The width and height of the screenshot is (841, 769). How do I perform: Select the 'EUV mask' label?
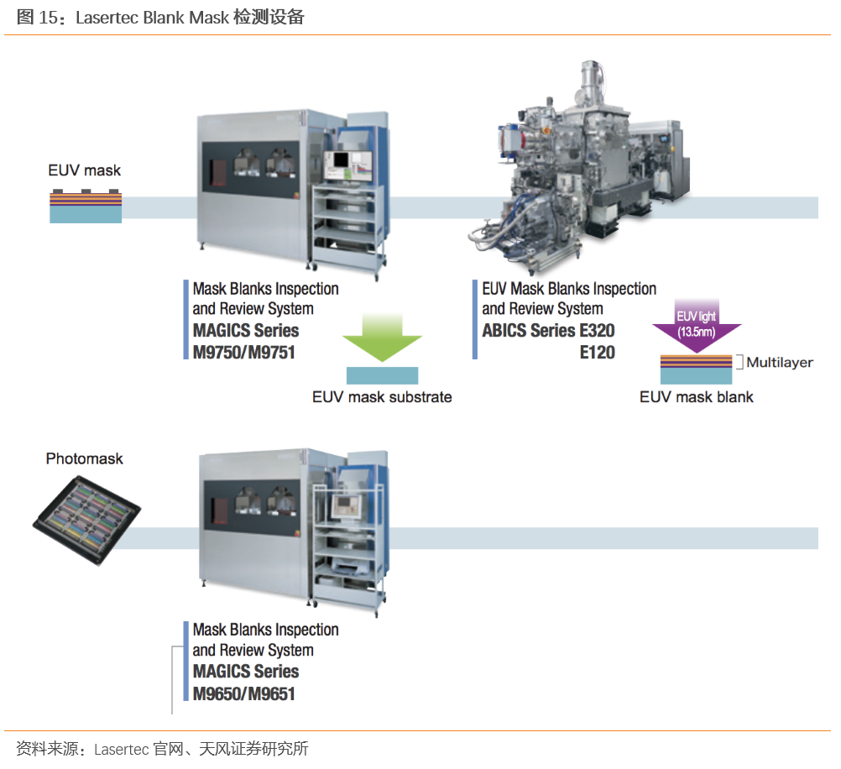point(84,170)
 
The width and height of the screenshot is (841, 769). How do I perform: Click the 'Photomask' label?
point(84,458)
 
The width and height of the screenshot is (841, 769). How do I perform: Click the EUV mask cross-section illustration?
point(86,206)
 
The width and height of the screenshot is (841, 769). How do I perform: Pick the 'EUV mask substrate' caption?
point(382,397)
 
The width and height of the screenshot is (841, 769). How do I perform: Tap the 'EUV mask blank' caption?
point(697,397)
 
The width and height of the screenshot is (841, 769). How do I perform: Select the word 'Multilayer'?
point(780,363)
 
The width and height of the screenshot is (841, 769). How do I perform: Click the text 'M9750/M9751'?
point(243,352)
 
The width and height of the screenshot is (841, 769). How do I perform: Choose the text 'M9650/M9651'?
point(243,693)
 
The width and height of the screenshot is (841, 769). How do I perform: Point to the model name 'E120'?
point(597,352)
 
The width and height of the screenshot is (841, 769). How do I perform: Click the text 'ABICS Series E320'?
point(548,331)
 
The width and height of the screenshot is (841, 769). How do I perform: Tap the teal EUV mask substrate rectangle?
point(383,376)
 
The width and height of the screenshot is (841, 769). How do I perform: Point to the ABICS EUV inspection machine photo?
point(579,168)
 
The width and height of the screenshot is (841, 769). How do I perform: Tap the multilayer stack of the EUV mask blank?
point(696,362)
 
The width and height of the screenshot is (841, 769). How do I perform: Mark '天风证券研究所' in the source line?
point(253,748)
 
